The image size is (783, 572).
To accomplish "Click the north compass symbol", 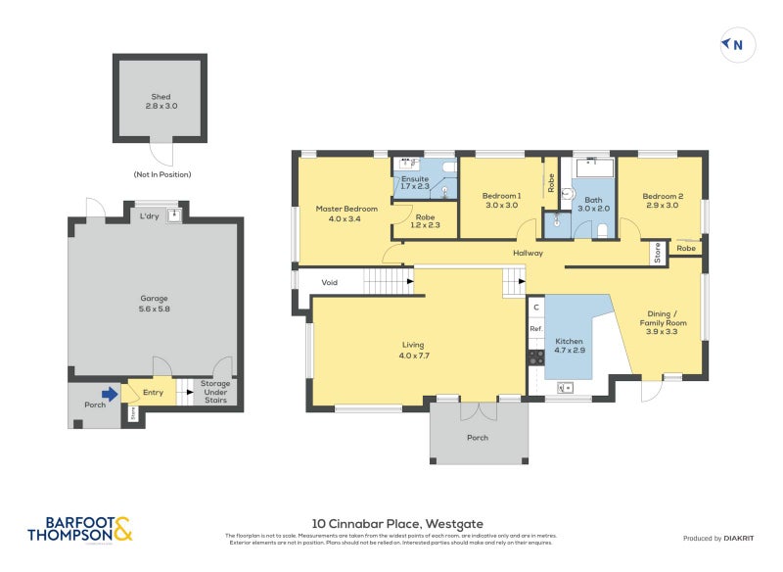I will click(734, 44).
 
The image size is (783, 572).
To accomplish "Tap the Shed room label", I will click(161, 97).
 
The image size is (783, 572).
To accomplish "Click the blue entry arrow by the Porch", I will click(112, 394).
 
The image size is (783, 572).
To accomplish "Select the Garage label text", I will click(154, 298).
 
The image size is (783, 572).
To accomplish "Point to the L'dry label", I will click(150, 215).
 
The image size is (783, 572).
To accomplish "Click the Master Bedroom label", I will click(345, 209).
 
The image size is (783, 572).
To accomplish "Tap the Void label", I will click(330, 282).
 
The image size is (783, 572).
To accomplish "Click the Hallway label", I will click(528, 254).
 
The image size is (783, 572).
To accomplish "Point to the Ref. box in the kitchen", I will click(535, 329).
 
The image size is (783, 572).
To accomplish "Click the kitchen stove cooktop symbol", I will click(536, 357).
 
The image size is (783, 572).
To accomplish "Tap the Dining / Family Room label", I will click(662, 321).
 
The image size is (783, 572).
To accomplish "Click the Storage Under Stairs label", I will click(215, 392).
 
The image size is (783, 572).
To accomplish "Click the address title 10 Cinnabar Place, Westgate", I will click(397, 523).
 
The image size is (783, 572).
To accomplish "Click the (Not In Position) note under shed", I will click(162, 174).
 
